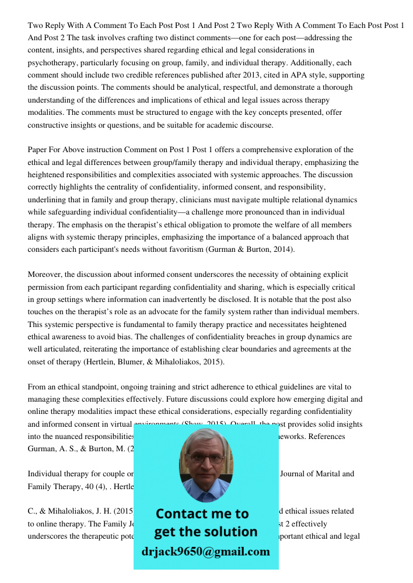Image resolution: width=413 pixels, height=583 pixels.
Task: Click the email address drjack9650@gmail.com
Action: pos(205,552)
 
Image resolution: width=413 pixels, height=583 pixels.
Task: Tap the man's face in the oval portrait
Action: pos(205,461)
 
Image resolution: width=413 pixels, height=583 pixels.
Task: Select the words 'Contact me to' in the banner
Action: pos(202,514)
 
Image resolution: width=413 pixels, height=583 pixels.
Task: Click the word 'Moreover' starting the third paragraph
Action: pos(45,274)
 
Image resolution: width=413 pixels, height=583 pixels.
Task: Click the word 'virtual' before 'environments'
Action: pos(113,424)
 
